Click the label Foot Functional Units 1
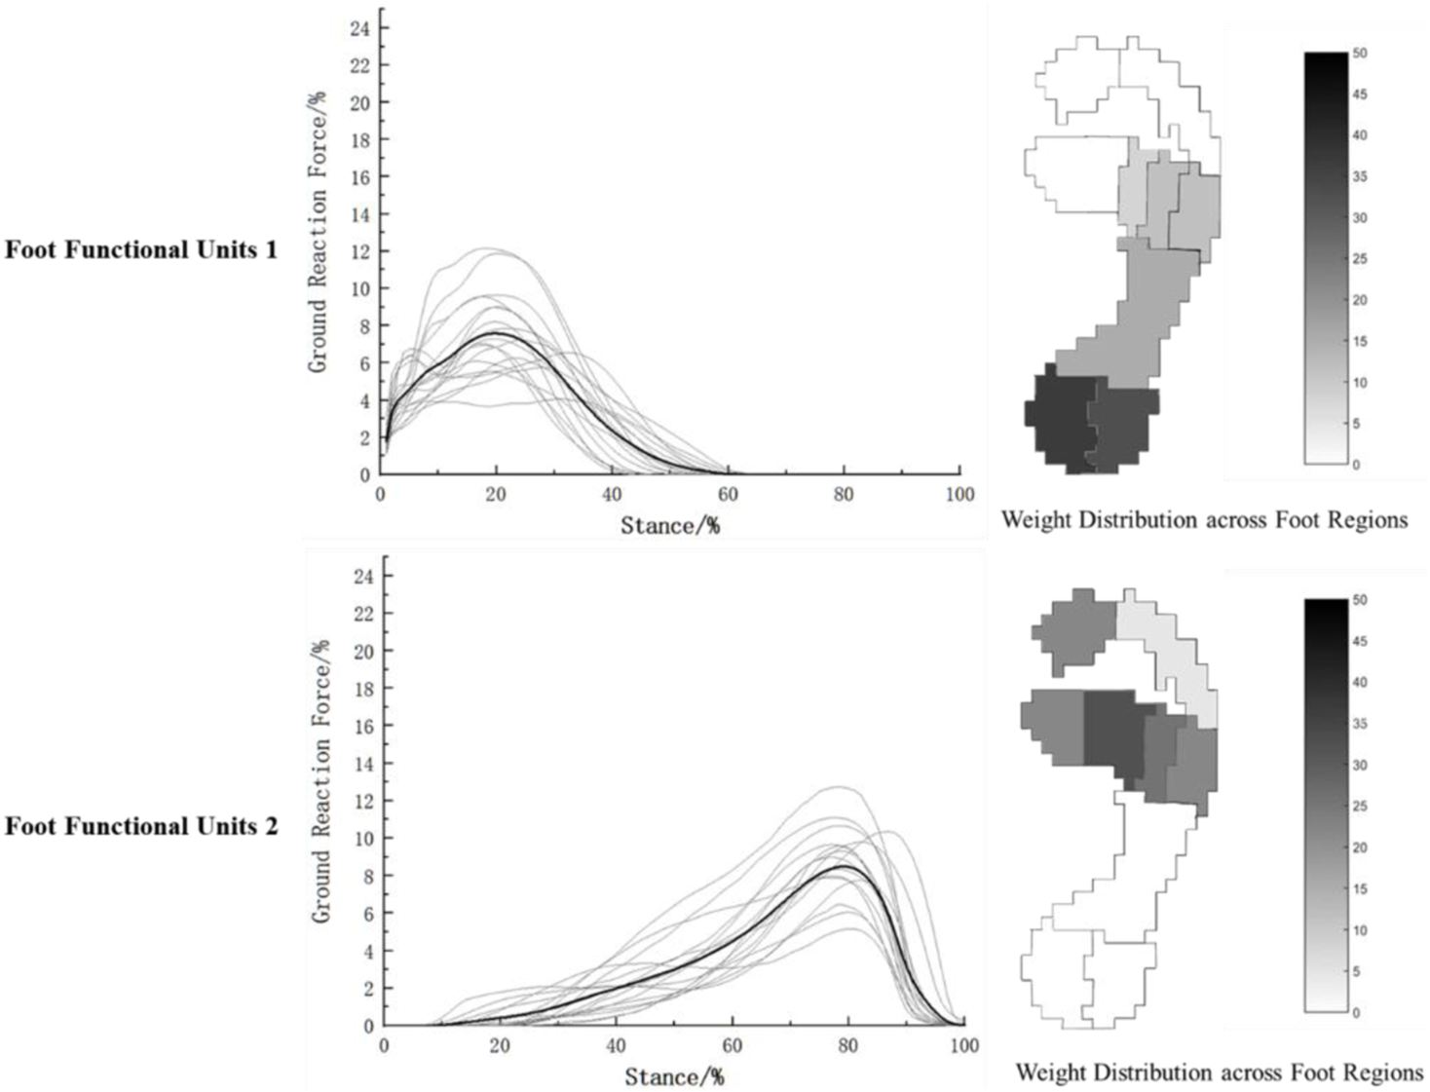141,250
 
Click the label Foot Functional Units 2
141,827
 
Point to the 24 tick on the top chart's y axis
359,28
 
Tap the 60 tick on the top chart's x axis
728,494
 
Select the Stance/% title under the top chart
670,526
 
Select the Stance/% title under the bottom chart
674,1076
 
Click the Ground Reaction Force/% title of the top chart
318,232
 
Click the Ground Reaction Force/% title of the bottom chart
321,781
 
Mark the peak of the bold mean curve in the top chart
496,333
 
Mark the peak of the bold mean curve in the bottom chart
845,865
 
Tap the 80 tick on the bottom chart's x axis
848,1045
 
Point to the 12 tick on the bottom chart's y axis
363,801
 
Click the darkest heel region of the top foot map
1060,419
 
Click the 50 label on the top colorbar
1360,54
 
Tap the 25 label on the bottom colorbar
1360,807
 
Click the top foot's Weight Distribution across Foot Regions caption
1204,520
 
